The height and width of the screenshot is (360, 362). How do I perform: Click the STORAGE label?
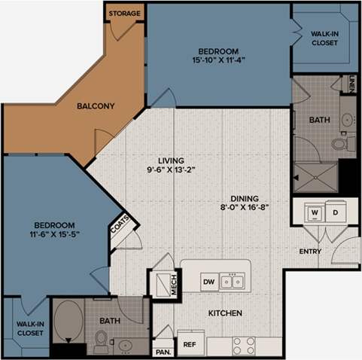pyautogui.click(x=123, y=13)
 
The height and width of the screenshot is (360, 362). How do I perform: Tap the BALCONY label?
pyautogui.click(x=96, y=106)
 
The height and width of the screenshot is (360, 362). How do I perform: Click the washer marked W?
pyautogui.click(x=315, y=213)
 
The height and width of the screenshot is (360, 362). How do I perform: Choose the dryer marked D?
pyautogui.click(x=335, y=213)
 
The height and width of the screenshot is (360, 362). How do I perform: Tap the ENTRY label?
pyautogui.click(x=310, y=252)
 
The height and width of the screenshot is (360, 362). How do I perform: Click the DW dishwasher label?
pyautogui.click(x=209, y=282)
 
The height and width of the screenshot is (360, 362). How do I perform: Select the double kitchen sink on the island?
pyautogui.click(x=234, y=282)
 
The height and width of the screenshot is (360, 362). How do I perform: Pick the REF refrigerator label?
pyautogui.click(x=190, y=345)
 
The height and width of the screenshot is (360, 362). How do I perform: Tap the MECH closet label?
pyautogui.click(x=173, y=284)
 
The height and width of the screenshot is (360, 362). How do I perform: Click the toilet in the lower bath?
pyautogui.click(x=100, y=340)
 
